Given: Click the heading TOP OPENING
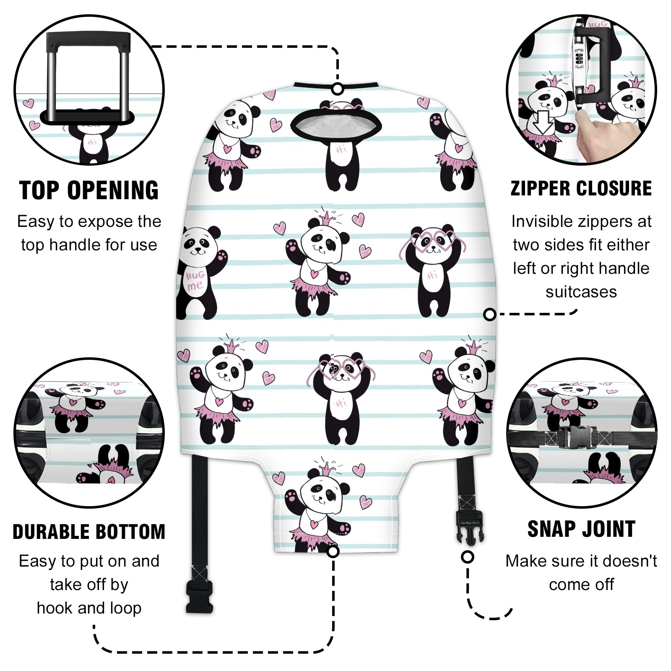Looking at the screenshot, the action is point(89,190).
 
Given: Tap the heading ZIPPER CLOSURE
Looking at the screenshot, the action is point(581,189).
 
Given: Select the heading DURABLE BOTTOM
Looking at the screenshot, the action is point(89,532).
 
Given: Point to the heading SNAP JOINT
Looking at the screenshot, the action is point(581,529).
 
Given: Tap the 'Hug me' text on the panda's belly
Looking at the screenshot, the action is point(195,280).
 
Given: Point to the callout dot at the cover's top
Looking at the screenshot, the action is point(338,89).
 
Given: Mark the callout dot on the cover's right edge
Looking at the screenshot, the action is point(489,314).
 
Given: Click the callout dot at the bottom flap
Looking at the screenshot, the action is point(333,551).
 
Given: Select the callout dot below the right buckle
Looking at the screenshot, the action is point(467,557).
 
